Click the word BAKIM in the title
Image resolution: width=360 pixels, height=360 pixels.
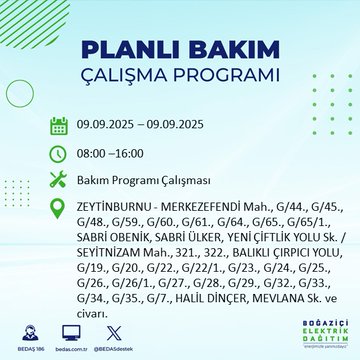(225, 51)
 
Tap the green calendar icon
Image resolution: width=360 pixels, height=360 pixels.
(60, 125)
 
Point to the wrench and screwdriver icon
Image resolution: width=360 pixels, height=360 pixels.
(60, 180)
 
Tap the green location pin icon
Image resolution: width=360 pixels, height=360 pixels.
(60, 207)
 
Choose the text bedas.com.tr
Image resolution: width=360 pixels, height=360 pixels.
(71, 344)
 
